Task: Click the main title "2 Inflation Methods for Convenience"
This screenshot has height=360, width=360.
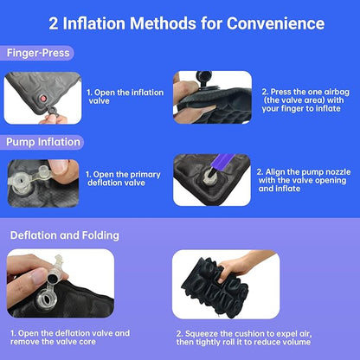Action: coord(180,22)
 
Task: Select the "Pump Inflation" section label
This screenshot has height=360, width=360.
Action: coord(42,141)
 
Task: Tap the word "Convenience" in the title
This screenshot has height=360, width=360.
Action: coord(276,22)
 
